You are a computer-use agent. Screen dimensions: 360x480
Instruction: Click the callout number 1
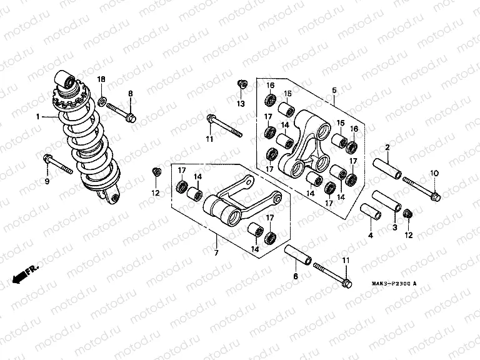[38, 117]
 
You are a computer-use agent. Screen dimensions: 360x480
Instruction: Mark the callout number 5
[334, 91]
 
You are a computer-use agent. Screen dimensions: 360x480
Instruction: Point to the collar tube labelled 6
[298, 256]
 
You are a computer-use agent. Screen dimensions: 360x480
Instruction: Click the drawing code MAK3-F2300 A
[385, 284]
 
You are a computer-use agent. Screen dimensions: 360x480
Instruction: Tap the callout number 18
[102, 79]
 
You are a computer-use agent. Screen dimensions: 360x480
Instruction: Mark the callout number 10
[434, 172]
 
